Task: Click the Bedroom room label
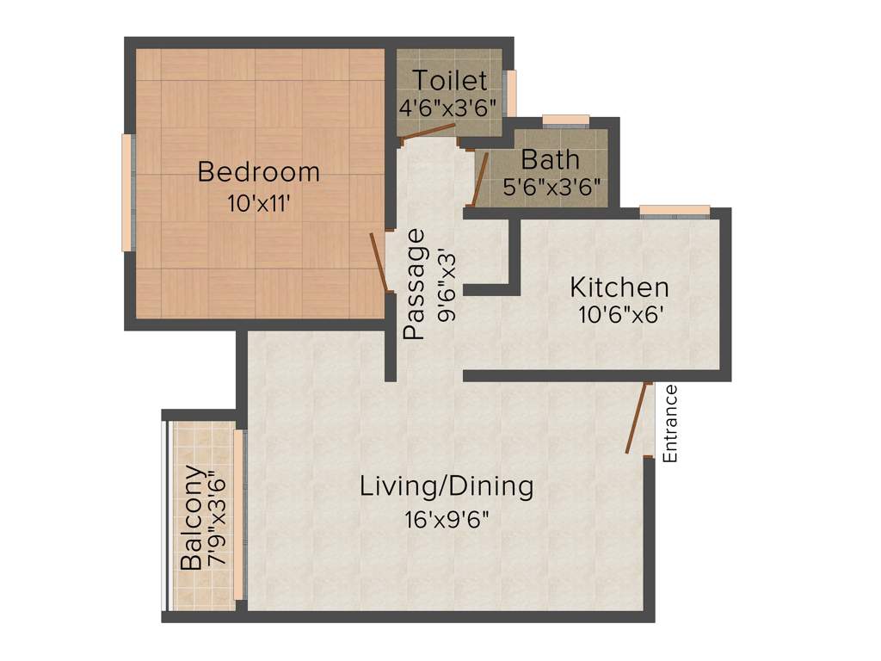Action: pyautogui.click(x=258, y=172)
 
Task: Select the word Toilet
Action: pyautogui.click(x=450, y=81)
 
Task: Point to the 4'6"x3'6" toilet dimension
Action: pyautogui.click(x=447, y=108)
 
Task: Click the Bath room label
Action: pyautogui.click(x=551, y=160)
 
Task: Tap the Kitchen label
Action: pyautogui.click(x=619, y=287)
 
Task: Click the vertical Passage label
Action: pyautogui.click(x=415, y=283)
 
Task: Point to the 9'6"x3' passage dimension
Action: pyautogui.click(x=446, y=285)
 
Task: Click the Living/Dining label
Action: pyautogui.click(x=447, y=486)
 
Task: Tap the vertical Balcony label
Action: pyautogui.click(x=193, y=518)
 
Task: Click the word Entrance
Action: pyautogui.click(x=670, y=423)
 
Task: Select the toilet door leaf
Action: pyautogui.click(x=428, y=131)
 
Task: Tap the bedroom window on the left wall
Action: pyautogui.click(x=127, y=193)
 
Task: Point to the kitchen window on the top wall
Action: pyautogui.click(x=675, y=210)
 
